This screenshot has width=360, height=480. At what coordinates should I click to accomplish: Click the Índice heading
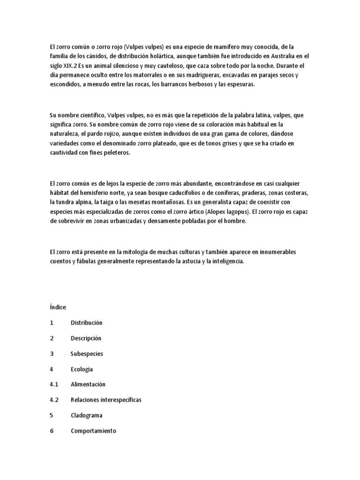[x=58, y=307]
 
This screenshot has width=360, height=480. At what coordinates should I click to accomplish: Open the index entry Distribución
[x=86, y=323]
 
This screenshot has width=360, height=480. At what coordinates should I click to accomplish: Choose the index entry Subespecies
[x=87, y=354]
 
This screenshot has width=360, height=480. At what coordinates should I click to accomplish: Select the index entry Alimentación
[x=88, y=384]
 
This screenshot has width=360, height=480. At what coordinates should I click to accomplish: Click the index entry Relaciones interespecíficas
[x=106, y=400]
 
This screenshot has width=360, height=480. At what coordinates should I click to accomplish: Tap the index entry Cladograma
[x=87, y=415]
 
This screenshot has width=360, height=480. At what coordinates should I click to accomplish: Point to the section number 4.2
[x=53, y=400]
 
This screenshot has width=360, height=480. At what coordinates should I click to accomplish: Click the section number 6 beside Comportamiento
[x=52, y=431]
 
